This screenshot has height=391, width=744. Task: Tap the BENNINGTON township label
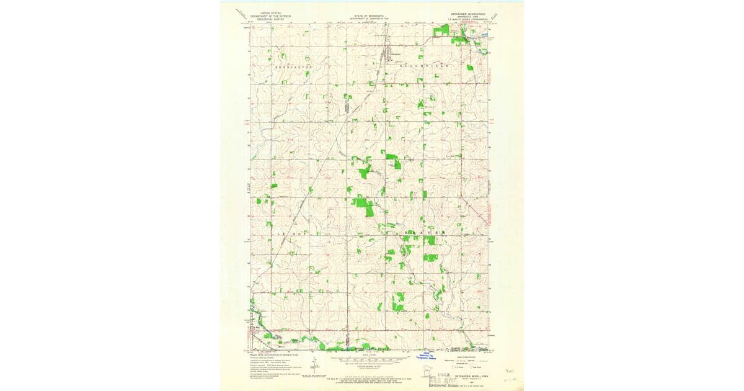pyautogui.click(x=293, y=65)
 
